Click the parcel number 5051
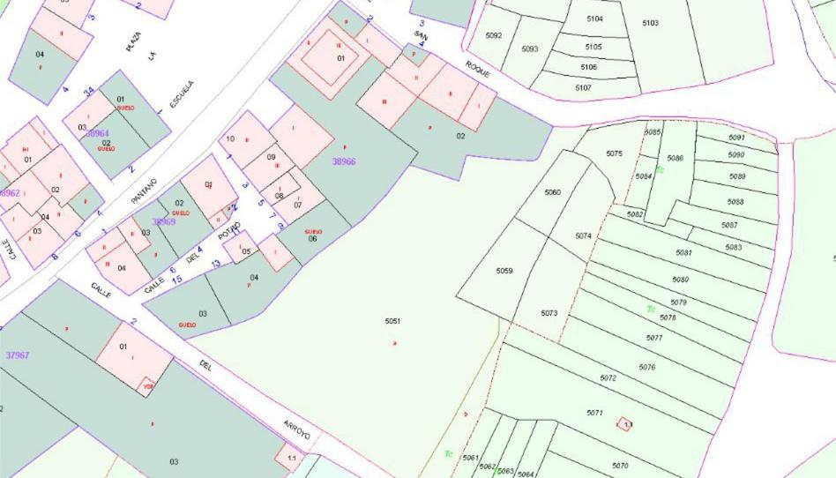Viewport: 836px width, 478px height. [x=392, y=321]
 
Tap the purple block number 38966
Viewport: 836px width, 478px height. [x=344, y=162]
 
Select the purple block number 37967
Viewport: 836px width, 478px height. [x=17, y=355]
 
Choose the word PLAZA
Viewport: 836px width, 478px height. [x=133, y=41]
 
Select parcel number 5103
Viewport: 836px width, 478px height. [x=650, y=23]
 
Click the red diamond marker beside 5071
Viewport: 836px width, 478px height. [x=625, y=425]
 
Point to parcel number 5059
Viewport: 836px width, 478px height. [x=504, y=271]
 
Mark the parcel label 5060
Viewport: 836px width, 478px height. [x=552, y=192]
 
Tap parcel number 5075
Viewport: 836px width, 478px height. [x=614, y=153]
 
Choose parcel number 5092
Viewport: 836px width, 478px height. [x=493, y=35]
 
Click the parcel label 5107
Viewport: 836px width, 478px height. [x=583, y=88]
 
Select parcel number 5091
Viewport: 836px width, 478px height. [x=736, y=138]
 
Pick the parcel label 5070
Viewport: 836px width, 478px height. [x=620, y=466]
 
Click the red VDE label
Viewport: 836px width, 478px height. [x=148, y=385]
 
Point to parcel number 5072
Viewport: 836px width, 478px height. [x=608, y=377]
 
